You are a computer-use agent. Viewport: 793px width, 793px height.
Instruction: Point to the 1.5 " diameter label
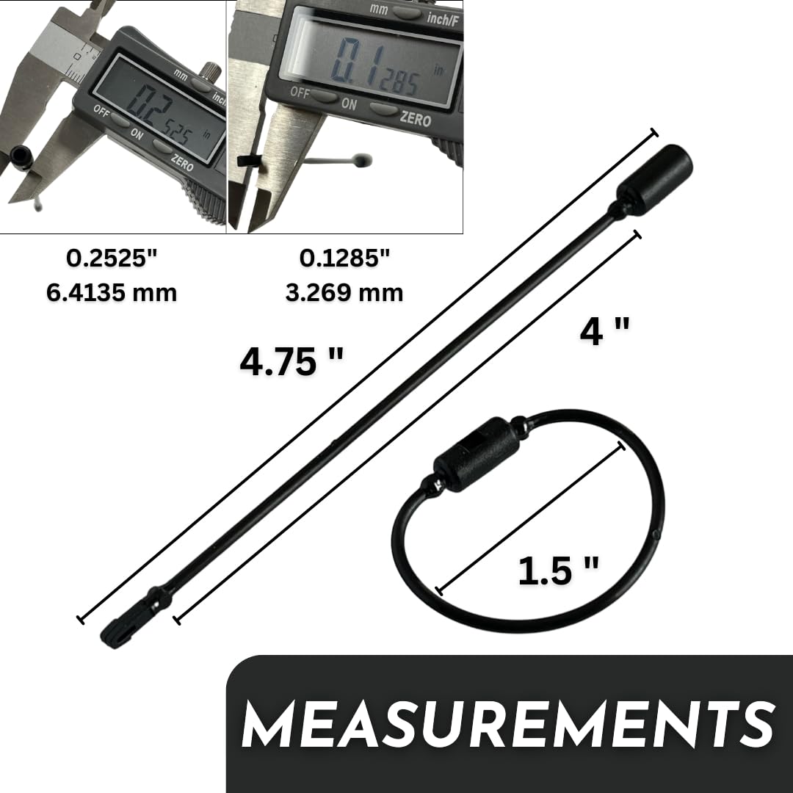pyautogui.click(x=558, y=571)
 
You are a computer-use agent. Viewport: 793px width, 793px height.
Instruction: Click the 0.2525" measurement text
pyautogui.click(x=112, y=258)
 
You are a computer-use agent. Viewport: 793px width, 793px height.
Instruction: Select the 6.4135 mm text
pyautogui.click(x=112, y=293)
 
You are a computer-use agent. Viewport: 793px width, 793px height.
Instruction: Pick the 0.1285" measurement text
pyautogui.click(x=345, y=258)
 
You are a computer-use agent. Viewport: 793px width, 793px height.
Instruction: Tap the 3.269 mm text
pyautogui.click(x=344, y=293)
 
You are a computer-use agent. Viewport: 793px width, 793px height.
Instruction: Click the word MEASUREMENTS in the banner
pyautogui.click(x=509, y=724)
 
